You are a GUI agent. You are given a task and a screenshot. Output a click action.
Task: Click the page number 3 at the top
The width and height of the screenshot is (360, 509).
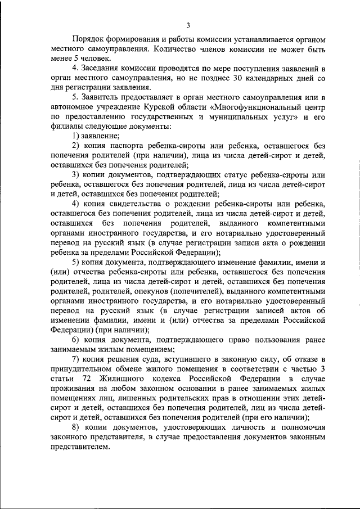tap(189, 25)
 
